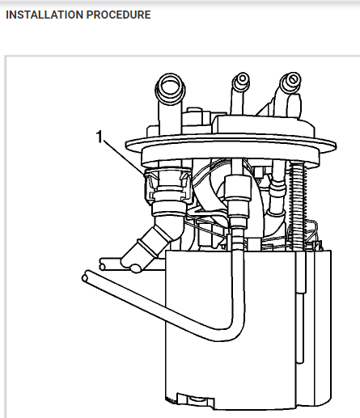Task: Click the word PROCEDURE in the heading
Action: click(x=119, y=15)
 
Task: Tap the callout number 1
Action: click(x=100, y=137)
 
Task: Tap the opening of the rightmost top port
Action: click(x=292, y=80)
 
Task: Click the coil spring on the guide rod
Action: click(x=298, y=205)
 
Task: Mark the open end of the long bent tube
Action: click(x=86, y=277)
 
